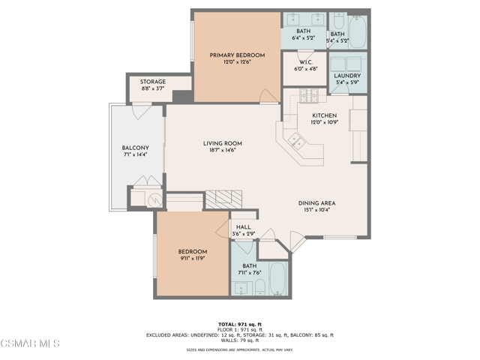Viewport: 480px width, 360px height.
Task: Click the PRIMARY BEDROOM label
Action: pyautogui.click(x=237, y=55)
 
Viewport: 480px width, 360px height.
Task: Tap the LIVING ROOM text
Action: pyautogui.click(x=222, y=142)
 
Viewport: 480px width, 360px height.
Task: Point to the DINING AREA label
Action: pyautogui.click(x=316, y=202)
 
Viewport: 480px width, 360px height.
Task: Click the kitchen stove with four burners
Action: pyautogui.click(x=310, y=96)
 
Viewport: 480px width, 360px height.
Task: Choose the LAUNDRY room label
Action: pyautogui.click(x=347, y=76)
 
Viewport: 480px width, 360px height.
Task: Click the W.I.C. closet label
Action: pyautogui.click(x=304, y=61)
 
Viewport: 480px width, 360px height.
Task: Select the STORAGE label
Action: pyautogui.click(x=153, y=82)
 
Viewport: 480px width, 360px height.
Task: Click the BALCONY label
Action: pyautogui.click(x=136, y=148)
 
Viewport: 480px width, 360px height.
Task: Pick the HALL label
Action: pyautogui.click(x=243, y=227)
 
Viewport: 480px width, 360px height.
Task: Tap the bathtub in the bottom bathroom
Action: pyautogui.click(x=277, y=279)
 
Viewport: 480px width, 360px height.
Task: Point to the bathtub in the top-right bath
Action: pyautogui.click(x=358, y=30)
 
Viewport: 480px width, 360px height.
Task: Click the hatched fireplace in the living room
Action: pyautogui.click(x=224, y=197)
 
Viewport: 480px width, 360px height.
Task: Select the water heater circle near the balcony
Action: pyautogui.click(x=154, y=199)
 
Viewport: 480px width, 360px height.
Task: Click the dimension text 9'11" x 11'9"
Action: pyautogui.click(x=193, y=258)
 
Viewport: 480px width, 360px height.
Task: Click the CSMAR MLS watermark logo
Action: pyautogui.click(x=30, y=344)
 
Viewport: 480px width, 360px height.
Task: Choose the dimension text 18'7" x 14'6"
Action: pyautogui.click(x=222, y=151)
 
